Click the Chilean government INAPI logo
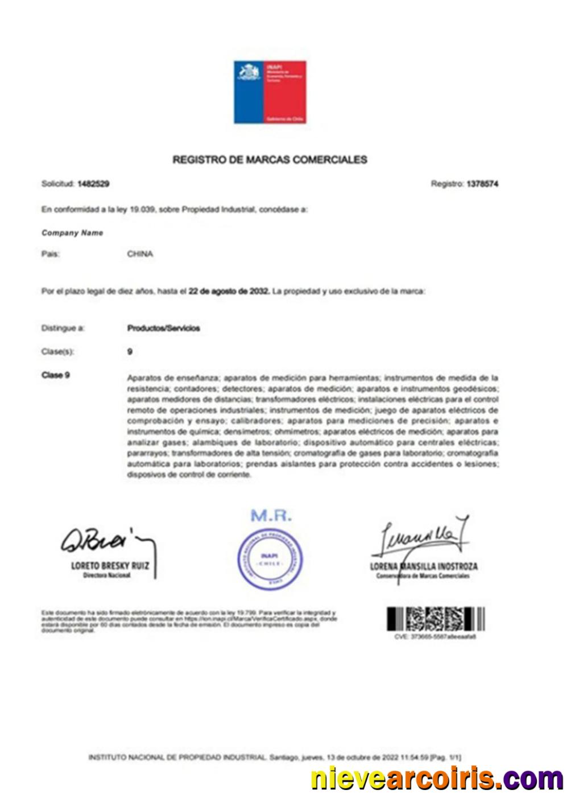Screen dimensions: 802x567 (270, 92)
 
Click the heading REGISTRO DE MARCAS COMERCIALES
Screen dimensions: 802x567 (270, 160)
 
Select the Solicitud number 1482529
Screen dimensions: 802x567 (93, 184)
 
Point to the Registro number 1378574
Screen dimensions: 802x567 (482, 184)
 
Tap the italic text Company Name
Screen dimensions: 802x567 (72, 233)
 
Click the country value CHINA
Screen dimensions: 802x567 (140, 254)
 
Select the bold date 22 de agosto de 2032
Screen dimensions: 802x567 (229, 291)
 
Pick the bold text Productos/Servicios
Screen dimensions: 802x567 (164, 328)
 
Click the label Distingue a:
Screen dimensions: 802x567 (63, 328)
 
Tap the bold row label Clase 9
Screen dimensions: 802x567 (56, 376)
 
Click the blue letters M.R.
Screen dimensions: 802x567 (271, 516)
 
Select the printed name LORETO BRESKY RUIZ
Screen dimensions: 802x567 (110, 566)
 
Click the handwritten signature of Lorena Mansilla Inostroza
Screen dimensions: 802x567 (421, 536)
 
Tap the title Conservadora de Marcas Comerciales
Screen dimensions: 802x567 (423, 576)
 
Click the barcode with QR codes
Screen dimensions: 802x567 (436, 619)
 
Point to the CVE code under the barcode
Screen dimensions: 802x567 (435, 637)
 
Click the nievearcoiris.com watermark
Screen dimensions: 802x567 (437, 779)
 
